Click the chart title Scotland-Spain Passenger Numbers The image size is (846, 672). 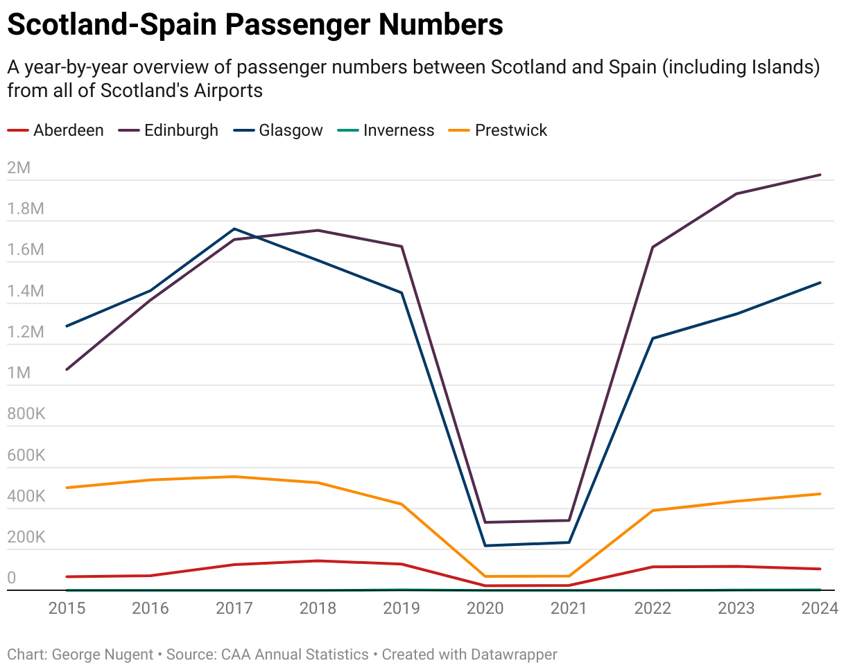click(255, 25)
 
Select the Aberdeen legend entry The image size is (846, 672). click(68, 130)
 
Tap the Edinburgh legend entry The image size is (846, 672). click(181, 130)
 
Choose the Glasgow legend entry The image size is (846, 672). click(291, 130)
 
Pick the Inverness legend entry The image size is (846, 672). click(399, 130)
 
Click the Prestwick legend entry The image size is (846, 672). click(511, 130)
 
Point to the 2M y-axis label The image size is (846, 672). click(19, 168)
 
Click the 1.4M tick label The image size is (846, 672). click(26, 291)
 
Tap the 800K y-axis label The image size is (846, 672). click(26, 414)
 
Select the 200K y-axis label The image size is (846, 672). click(26, 538)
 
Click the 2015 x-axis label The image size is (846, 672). click(67, 608)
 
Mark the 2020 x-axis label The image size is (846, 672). click(485, 608)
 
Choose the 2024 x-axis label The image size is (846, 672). click(820, 608)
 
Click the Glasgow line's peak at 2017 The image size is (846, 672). click(234, 229)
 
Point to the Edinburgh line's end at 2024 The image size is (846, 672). click(820, 175)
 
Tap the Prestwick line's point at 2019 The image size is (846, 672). click(402, 504)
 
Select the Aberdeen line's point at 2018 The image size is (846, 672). click(318, 560)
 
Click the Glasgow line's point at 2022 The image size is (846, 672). click(653, 338)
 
